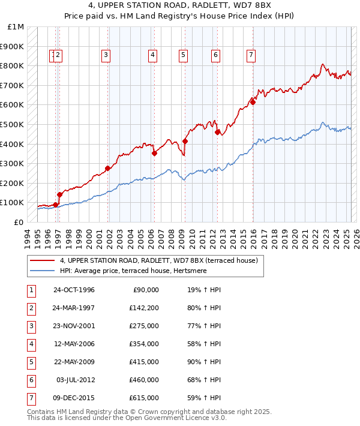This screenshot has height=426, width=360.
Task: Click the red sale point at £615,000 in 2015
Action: pos(253,102)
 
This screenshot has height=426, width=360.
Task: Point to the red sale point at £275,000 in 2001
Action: pos(108,169)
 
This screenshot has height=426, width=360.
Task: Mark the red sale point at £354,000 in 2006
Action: pos(154,153)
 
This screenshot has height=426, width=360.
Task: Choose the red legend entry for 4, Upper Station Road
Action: pos(158,260)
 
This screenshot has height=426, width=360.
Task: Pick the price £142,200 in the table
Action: pos(144,308)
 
